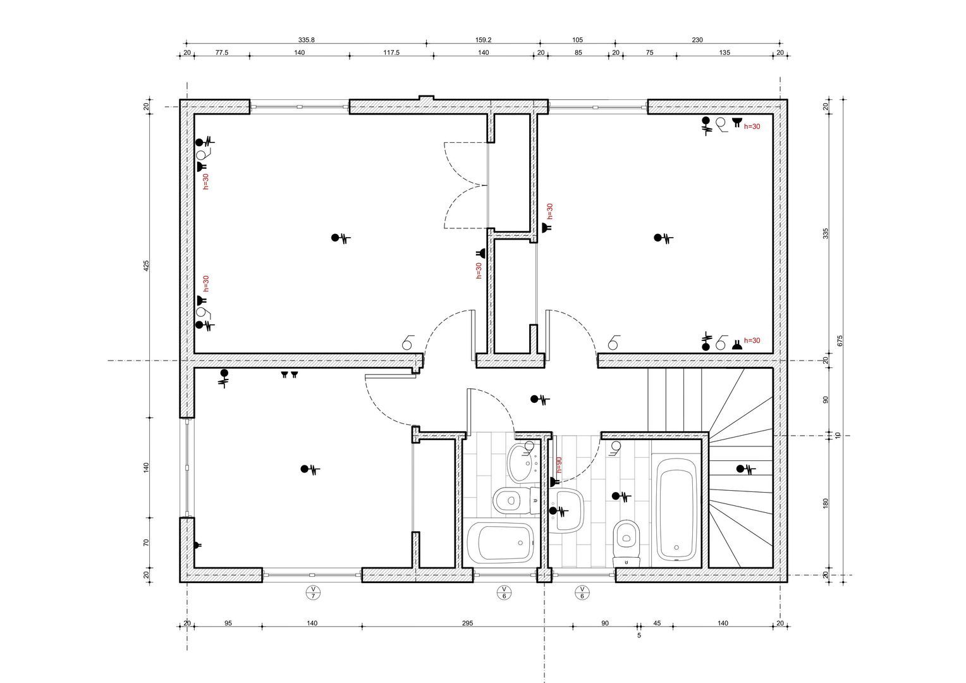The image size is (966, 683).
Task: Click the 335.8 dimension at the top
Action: click(x=306, y=40)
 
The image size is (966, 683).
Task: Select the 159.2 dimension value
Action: click(x=483, y=40)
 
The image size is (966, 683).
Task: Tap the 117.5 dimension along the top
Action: click(x=391, y=52)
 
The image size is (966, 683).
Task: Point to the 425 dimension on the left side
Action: click(x=146, y=266)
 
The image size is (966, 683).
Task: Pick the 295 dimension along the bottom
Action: click(x=467, y=623)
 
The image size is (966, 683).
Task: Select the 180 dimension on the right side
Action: click(x=825, y=503)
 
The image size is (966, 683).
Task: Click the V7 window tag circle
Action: click(x=312, y=592)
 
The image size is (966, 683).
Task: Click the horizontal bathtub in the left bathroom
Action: click(x=500, y=543)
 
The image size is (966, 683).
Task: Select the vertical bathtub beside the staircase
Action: click(x=676, y=509)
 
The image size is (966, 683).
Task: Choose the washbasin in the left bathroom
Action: click(x=522, y=462)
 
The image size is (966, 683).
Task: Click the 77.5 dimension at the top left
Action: click(x=221, y=52)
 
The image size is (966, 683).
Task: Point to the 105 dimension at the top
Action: click(x=577, y=40)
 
